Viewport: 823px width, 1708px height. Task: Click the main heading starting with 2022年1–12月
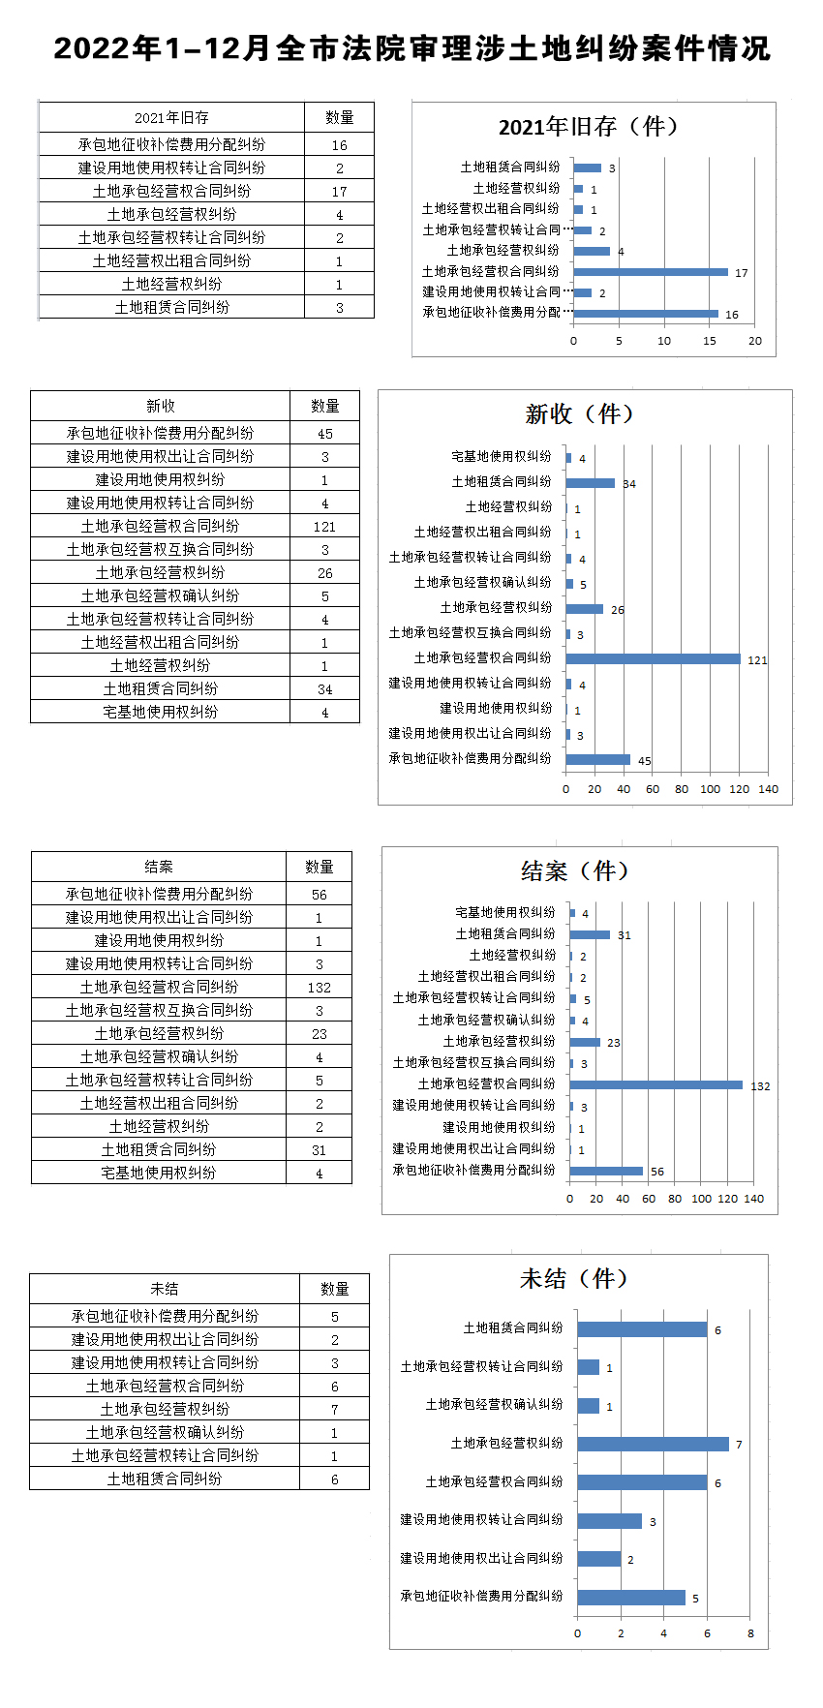411,48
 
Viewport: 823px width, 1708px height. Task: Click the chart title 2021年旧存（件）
589,127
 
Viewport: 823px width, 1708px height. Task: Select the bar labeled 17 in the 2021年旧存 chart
651,272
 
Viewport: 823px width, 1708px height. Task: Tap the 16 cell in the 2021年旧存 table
339,145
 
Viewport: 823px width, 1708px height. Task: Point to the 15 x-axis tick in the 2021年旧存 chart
710,341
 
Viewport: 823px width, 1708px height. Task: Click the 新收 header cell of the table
160,406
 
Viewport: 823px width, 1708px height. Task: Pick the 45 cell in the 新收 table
324,434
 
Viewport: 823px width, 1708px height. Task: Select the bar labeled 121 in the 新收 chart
654,658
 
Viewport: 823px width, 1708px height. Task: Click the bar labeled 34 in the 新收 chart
591,483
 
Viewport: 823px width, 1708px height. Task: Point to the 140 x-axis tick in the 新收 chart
768,789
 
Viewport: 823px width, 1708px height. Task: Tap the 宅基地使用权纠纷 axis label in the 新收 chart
501,456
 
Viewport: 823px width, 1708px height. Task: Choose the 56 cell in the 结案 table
319,895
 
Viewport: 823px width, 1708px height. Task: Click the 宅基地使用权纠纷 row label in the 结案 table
159,1173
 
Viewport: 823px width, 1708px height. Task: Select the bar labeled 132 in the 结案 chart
656,1084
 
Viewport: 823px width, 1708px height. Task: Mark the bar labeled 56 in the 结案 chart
606,1171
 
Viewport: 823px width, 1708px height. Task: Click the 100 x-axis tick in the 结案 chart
701,1199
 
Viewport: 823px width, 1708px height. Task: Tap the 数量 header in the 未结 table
334,1289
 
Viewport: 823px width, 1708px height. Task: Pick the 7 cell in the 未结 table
334,1410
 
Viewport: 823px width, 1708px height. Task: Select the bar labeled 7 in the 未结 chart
653,1444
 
